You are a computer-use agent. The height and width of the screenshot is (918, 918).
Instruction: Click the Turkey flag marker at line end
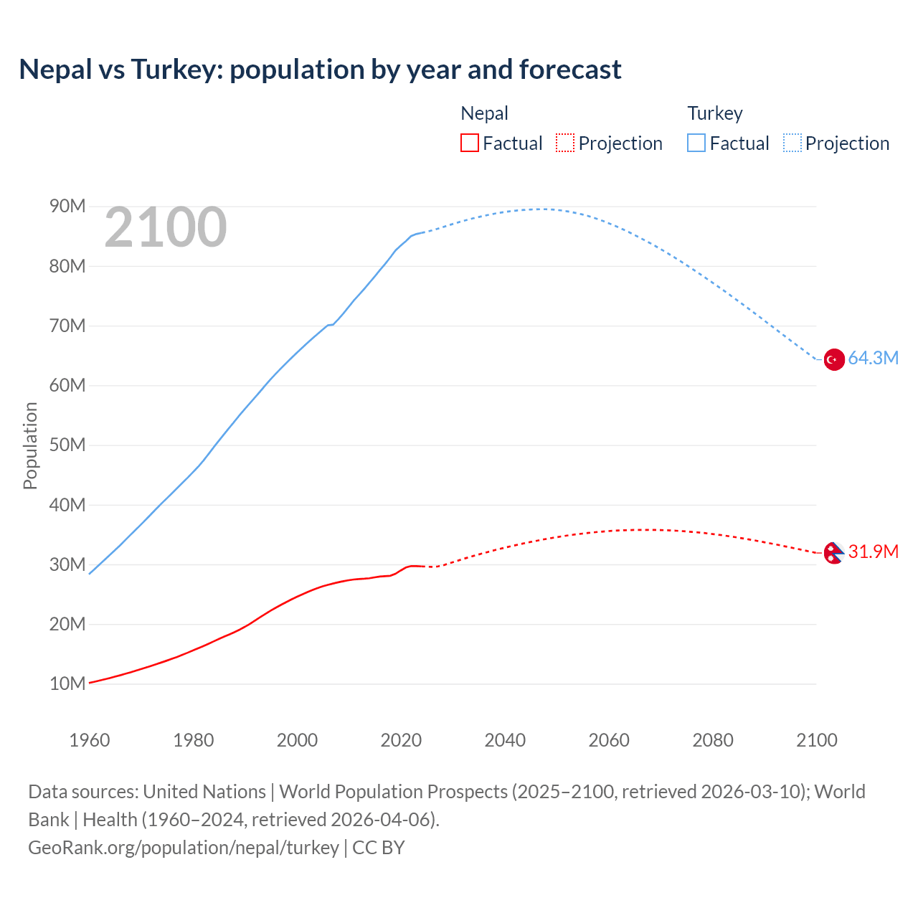[x=833, y=359]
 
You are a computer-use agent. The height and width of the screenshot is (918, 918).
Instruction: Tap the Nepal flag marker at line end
[x=833, y=553]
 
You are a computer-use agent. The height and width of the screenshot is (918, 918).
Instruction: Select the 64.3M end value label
[x=873, y=358]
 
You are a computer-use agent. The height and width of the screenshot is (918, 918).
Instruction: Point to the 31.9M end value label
[x=873, y=552]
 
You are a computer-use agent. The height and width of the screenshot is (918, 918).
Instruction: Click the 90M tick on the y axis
[x=67, y=207]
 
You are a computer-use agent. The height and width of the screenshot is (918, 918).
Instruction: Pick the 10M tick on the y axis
[x=67, y=683]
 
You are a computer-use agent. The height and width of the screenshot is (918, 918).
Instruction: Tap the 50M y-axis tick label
[x=67, y=445]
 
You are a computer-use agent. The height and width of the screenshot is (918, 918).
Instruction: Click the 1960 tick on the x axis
[x=90, y=740]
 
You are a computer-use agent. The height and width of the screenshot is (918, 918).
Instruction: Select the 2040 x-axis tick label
[x=505, y=740]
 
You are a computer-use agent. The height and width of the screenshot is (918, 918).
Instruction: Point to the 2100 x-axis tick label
[x=816, y=740]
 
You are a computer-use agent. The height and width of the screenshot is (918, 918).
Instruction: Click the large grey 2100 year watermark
[x=166, y=227]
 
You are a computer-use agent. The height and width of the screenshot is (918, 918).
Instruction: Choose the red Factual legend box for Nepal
[x=469, y=143]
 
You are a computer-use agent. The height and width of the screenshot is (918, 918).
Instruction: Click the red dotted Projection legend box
[x=565, y=143]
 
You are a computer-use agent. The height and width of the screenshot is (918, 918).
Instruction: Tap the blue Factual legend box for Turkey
[x=696, y=143]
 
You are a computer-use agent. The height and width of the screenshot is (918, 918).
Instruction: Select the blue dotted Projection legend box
[x=792, y=143]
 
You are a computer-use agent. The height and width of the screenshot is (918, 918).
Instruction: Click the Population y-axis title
[x=30, y=445]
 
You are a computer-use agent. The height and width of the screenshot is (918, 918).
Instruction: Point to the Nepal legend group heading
[x=484, y=113]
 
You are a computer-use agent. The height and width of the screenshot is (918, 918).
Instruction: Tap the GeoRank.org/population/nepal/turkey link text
[x=184, y=847]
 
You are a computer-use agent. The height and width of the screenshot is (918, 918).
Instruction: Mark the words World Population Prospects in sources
[x=393, y=791]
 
